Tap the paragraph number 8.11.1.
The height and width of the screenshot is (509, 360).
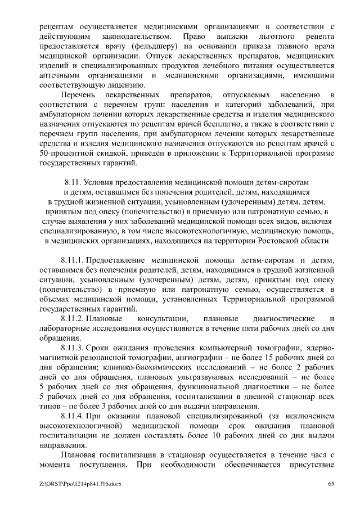point(73,259)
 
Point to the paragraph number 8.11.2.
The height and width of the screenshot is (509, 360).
point(73,318)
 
